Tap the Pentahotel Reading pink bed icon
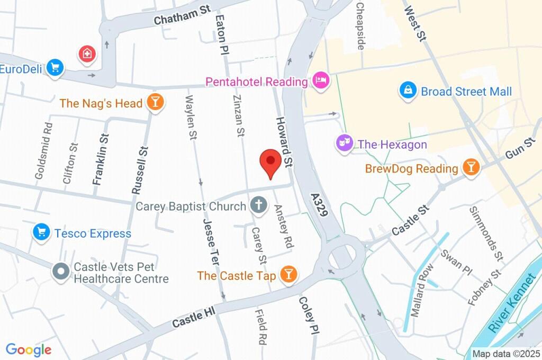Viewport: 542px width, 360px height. [x=321, y=81]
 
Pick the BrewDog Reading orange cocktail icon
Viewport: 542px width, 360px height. [x=469, y=168]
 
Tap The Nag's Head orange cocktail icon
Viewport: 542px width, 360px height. [x=155, y=102]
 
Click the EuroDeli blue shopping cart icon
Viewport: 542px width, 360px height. [x=55, y=68]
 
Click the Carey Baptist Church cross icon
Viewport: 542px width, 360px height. [x=258, y=205]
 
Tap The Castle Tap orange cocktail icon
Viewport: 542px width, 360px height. [x=288, y=274]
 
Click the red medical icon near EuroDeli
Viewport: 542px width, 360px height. [x=86, y=53]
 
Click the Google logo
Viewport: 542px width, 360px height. [x=29, y=349]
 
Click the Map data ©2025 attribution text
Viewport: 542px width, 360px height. [x=505, y=354]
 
